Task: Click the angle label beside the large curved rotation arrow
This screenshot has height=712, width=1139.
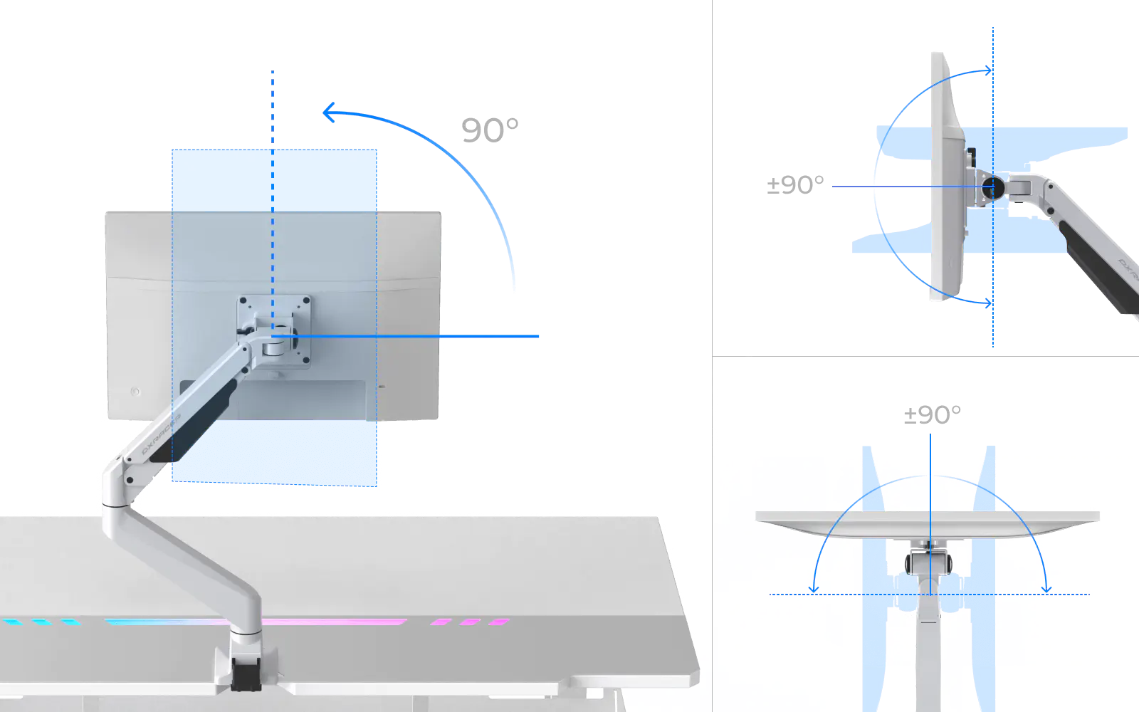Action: (x=489, y=127)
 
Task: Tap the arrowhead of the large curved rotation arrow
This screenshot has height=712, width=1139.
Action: (x=328, y=112)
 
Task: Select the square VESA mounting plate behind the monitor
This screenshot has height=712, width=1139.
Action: (x=274, y=330)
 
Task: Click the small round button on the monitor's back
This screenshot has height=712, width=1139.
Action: (x=135, y=392)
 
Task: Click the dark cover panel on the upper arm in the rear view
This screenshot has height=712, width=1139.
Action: (x=206, y=420)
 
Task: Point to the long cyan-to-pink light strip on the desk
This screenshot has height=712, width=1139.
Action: (x=256, y=622)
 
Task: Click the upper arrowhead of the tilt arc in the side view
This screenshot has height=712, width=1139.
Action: (x=987, y=70)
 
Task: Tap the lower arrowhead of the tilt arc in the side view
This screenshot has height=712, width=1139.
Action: (x=987, y=304)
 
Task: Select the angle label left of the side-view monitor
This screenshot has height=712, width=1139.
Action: (x=793, y=184)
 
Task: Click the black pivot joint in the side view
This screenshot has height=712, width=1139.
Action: (x=990, y=187)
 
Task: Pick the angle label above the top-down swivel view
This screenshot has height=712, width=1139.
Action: (x=930, y=415)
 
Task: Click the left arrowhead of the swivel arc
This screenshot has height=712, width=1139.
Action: (x=814, y=588)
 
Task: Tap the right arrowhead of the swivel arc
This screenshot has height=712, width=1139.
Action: (x=1046, y=588)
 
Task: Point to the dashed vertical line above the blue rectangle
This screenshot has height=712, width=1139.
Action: (x=273, y=107)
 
